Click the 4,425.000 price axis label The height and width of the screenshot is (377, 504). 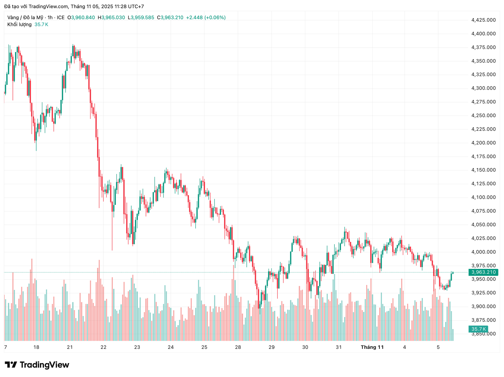484,20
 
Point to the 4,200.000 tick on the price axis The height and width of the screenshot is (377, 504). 484,143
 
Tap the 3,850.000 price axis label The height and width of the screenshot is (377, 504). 484,334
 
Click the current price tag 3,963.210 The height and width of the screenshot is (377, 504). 483,272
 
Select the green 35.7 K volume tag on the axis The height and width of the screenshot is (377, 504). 478,329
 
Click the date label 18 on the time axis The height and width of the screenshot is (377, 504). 36,347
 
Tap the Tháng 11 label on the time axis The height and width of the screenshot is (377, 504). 372,347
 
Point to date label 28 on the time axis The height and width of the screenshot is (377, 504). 238,347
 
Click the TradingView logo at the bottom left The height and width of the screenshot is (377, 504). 37,365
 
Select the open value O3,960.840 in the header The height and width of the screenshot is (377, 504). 81,18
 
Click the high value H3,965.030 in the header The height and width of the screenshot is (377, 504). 111,18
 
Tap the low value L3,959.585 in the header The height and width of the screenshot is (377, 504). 141,18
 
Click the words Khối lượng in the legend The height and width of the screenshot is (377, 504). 19,24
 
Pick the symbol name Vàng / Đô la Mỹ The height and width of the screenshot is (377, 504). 25,18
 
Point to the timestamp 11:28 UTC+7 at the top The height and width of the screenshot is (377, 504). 129,6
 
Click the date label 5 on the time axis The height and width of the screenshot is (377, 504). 438,347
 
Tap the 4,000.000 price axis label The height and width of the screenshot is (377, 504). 484,252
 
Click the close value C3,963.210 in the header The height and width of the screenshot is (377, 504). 170,18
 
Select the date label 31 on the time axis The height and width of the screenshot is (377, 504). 339,347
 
